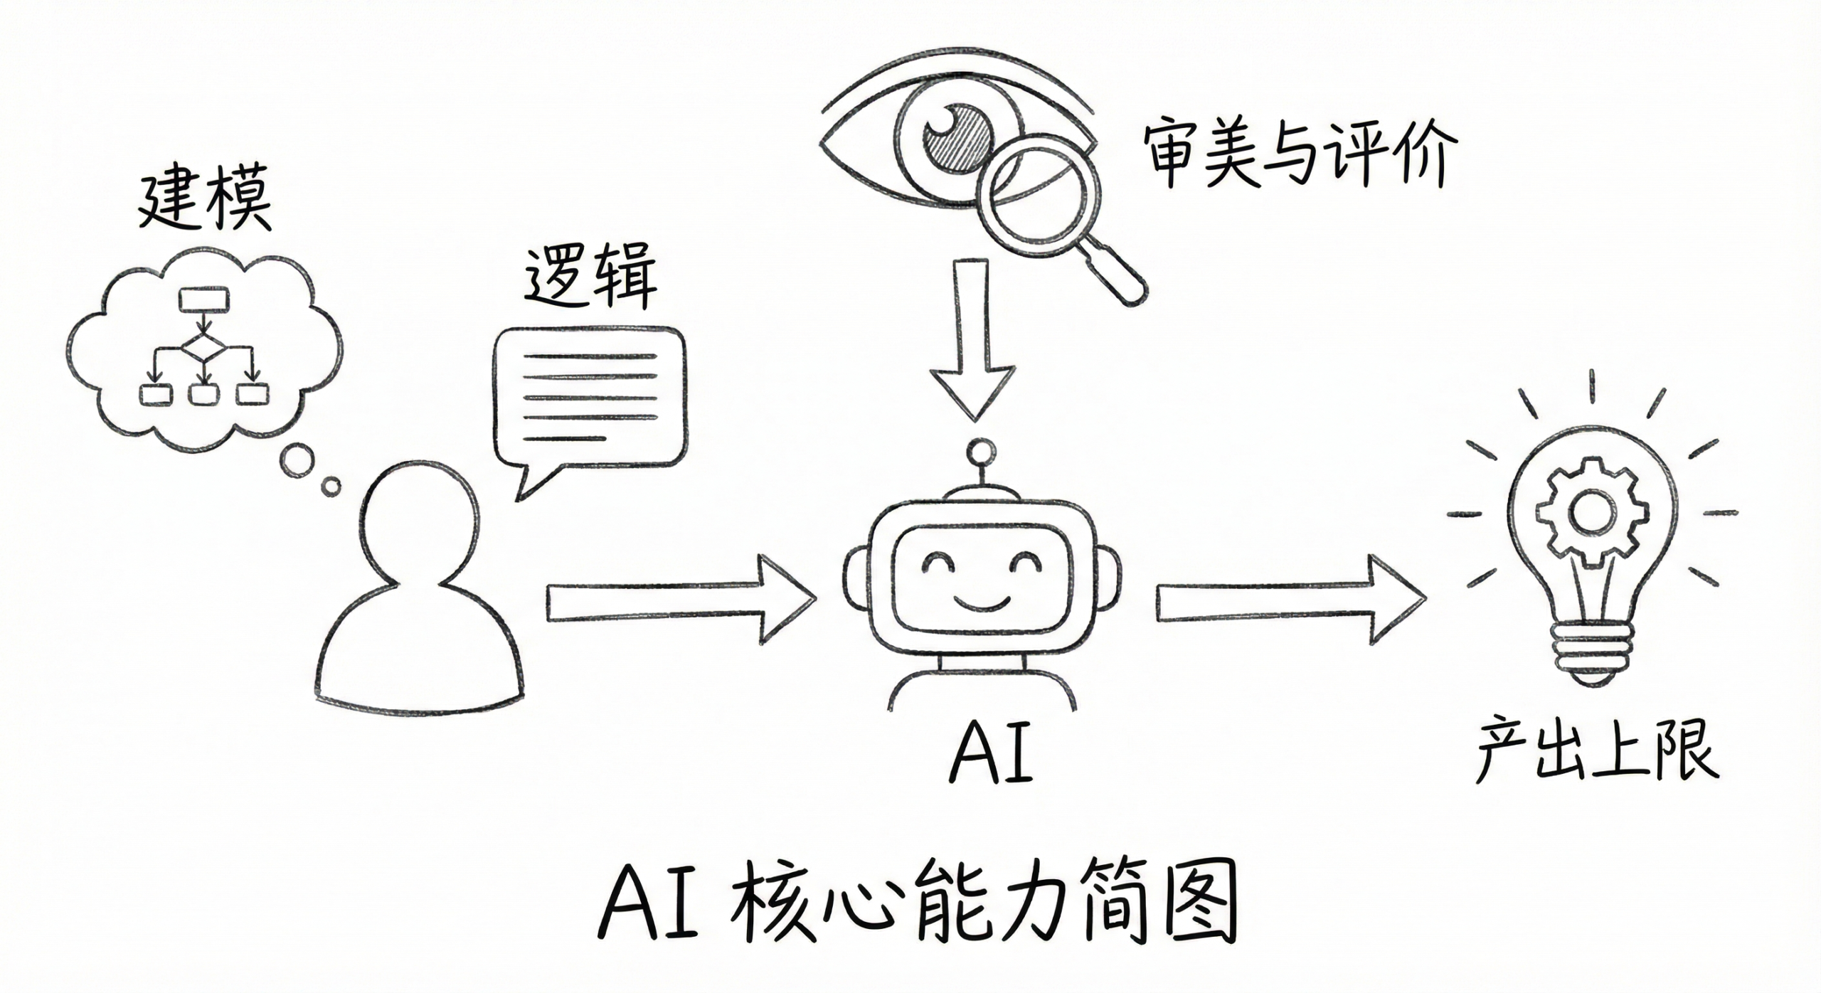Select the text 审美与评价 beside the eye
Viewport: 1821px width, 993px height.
pyautogui.click(x=1300, y=154)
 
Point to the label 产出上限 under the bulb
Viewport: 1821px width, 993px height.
pyautogui.click(x=1598, y=753)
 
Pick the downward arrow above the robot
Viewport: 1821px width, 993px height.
pyautogui.click(x=974, y=341)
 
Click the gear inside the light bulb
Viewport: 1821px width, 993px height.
pyautogui.click(x=1591, y=513)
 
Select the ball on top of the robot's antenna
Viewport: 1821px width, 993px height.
pyautogui.click(x=982, y=451)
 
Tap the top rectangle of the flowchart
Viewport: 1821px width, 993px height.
pyautogui.click(x=204, y=299)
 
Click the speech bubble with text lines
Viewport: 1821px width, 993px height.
pyautogui.click(x=590, y=398)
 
